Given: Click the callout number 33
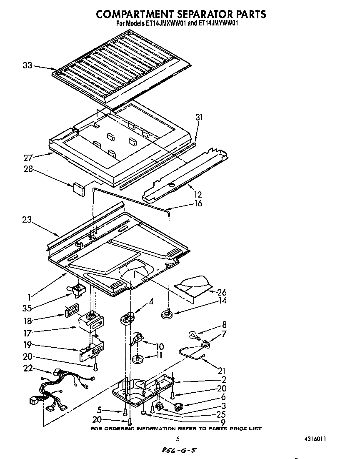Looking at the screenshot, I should [x=27, y=65].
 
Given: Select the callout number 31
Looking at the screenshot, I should [x=199, y=118].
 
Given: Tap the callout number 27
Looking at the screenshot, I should [x=28, y=158].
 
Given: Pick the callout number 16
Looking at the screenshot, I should [x=198, y=203].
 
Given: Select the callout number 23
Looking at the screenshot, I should [x=27, y=220].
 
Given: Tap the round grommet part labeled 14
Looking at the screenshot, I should [x=167, y=313].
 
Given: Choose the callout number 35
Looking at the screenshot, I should [x=28, y=309].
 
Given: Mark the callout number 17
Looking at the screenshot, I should [x=27, y=333].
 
